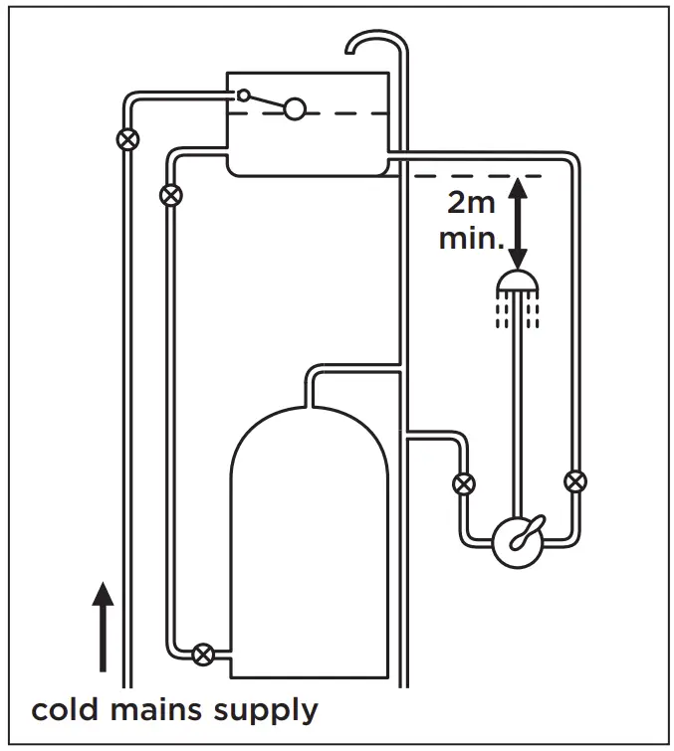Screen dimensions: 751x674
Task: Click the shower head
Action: pyautogui.click(x=517, y=282)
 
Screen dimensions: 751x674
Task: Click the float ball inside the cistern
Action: pyautogui.click(x=294, y=108)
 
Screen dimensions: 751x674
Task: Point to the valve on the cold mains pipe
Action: pyautogui.click(x=126, y=138)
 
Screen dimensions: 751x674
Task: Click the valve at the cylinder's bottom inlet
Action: pyautogui.click(x=203, y=654)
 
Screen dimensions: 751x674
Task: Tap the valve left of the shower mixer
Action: pyautogui.click(x=463, y=484)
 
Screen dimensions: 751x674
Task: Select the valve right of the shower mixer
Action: pyautogui.click(x=574, y=482)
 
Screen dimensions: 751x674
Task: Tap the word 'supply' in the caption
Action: pyautogui.click(x=269, y=712)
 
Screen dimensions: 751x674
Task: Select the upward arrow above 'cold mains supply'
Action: pyautogui.click(x=103, y=627)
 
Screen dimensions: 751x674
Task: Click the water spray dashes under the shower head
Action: pyautogui.click(x=517, y=312)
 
